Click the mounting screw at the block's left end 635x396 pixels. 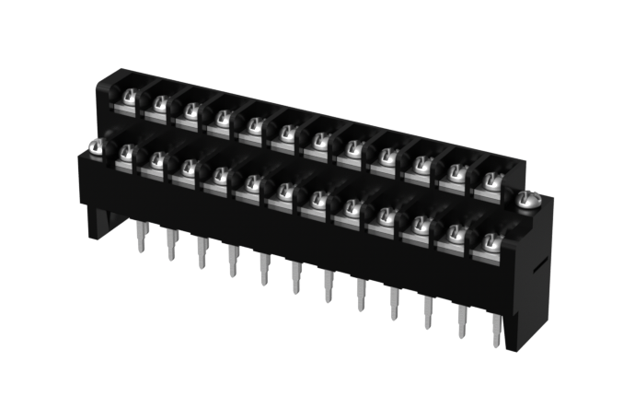pos(96,146)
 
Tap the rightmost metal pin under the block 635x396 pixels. pos(497,329)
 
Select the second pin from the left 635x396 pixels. pos(171,243)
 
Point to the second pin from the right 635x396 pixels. pos(462,320)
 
